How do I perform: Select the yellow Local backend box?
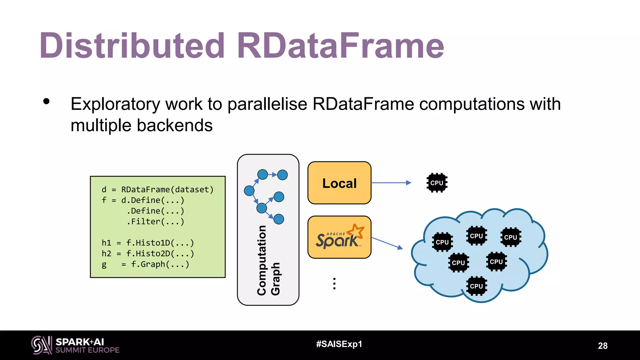[x=339, y=183]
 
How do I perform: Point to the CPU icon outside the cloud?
[x=437, y=183]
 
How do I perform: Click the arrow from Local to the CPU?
[x=391, y=183]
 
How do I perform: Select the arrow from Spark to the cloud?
[x=387, y=243]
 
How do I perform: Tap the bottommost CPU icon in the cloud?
[x=476, y=286]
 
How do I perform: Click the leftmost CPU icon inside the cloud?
[x=442, y=242]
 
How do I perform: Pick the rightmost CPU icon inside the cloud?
[x=511, y=237]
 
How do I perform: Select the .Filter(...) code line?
[x=155, y=222]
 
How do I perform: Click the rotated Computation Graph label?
[x=268, y=260]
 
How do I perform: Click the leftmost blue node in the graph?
[x=249, y=190]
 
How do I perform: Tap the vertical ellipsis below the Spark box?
[x=334, y=283]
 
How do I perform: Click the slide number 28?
[x=602, y=346]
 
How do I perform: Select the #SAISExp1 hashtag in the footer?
[x=339, y=344]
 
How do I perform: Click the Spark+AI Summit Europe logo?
[x=75, y=345]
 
